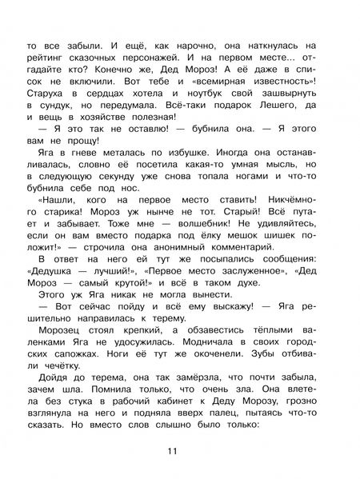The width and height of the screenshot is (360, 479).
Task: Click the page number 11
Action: click(x=180, y=452)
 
